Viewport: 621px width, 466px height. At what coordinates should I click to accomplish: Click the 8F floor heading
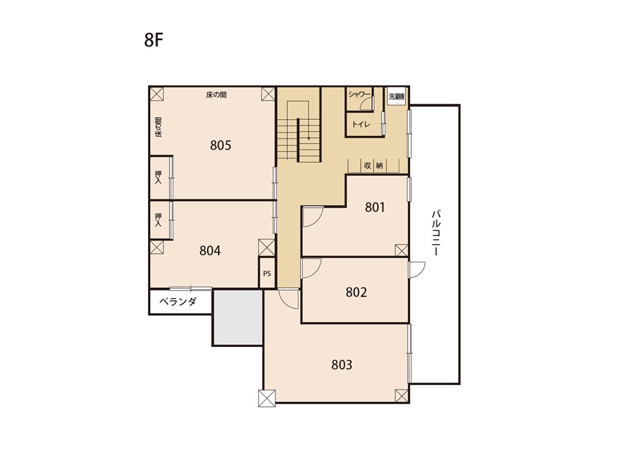click(154, 40)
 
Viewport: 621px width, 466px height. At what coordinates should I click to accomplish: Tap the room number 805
click(221, 146)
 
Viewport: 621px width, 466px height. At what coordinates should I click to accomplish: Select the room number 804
click(210, 251)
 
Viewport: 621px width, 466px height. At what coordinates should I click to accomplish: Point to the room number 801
click(375, 207)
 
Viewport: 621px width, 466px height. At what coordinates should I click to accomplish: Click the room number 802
click(356, 293)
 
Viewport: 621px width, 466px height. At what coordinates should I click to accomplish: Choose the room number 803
click(342, 364)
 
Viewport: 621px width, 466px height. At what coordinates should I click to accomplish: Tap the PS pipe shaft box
click(267, 273)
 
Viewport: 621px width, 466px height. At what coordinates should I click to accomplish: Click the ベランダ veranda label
click(179, 302)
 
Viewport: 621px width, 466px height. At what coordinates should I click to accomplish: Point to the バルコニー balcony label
click(437, 233)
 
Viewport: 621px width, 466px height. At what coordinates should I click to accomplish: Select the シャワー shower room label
click(359, 94)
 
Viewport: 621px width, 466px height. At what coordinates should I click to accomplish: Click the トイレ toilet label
click(361, 124)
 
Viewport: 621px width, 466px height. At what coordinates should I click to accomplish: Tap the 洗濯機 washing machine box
click(397, 96)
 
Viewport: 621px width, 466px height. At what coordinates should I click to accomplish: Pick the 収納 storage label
click(373, 166)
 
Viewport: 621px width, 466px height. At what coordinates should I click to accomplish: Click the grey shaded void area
click(238, 317)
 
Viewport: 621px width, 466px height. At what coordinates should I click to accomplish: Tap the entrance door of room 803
click(289, 299)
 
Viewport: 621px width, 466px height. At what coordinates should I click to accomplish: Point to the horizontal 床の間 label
click(216, 94)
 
